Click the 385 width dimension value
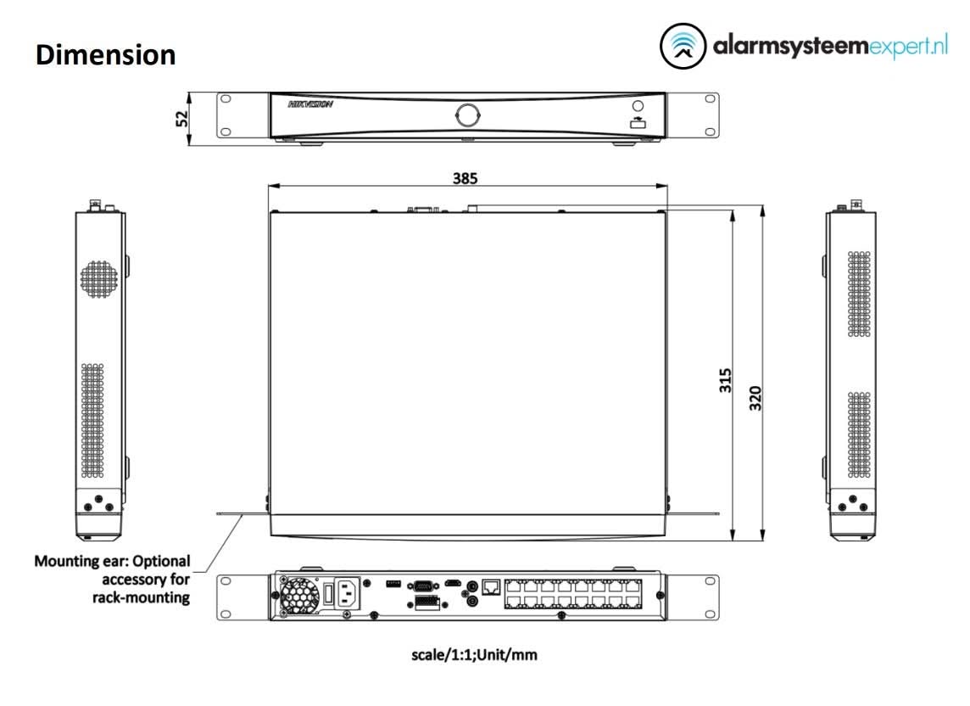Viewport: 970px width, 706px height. [465, 178]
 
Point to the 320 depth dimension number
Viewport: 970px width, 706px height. [756, 397]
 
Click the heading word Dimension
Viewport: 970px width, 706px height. [106, 55]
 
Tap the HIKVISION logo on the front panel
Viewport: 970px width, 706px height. [310, 105]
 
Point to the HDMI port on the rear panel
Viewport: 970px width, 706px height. [455, 584]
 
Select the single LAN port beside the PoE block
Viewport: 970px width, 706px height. [491, 586]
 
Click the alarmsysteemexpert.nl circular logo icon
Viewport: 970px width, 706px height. [683, 47]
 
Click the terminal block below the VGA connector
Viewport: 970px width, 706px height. [427, 602]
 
